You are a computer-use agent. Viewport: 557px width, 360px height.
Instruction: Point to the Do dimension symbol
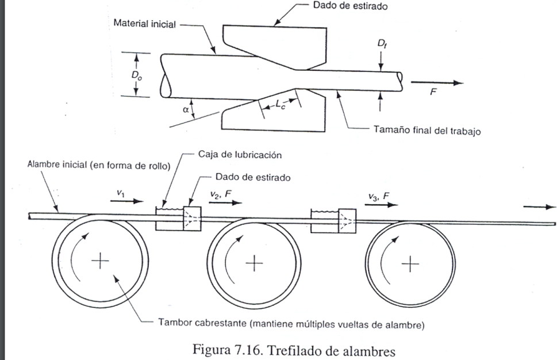[137, 75]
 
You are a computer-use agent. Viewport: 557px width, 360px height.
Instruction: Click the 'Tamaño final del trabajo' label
[427, 131]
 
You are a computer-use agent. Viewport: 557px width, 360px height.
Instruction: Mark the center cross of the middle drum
[253, 263]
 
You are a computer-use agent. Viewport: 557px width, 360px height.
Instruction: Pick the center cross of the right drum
[410, 264]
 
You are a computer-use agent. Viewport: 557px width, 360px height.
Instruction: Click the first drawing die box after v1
[192, 219]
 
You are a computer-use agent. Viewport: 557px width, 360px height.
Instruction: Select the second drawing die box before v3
[347, 220]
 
